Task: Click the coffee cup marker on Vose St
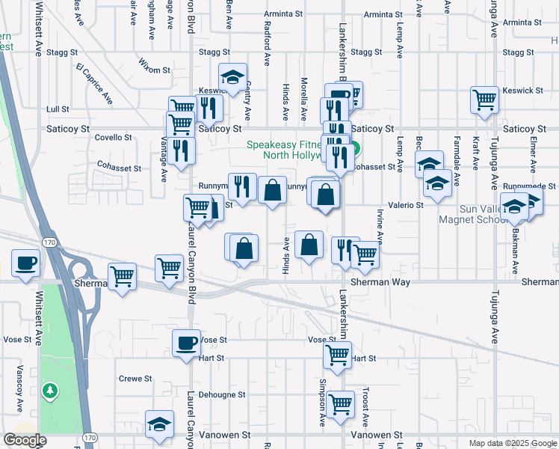coord(187,344)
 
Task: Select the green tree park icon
coord(49,391)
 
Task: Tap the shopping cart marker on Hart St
coord(338,354)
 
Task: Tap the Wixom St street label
coord(155,70)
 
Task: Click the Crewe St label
coord(135,379)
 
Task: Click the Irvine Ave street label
coord(380,227)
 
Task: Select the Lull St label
coord(58,109)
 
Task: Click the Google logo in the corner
coord(25,440)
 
